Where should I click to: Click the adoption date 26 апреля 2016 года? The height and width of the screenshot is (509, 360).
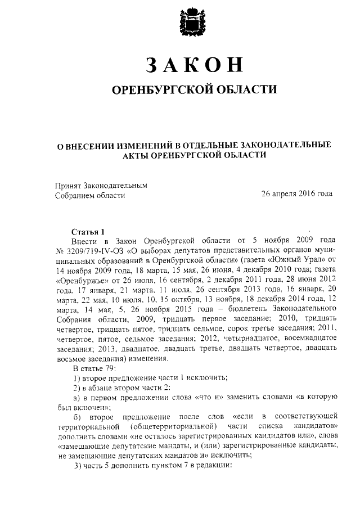(x=296, y=195)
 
